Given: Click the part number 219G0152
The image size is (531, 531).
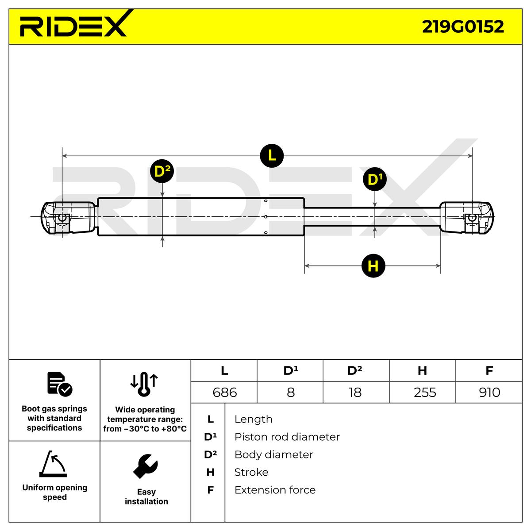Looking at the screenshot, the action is pos(462,27).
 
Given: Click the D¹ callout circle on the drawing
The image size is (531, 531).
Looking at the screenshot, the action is pos(374,180).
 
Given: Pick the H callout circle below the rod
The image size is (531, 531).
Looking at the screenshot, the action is pos(373,266).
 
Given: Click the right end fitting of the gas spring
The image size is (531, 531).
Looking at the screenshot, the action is pos(466,217).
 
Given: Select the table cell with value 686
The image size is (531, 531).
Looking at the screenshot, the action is pos(224,392).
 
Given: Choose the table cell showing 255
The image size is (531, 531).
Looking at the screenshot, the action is pos(425,392).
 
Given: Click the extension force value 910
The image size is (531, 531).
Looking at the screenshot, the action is pos(489,392).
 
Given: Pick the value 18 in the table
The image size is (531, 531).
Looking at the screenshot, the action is pos(355,392).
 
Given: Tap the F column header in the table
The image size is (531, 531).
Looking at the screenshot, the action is pos(489,370).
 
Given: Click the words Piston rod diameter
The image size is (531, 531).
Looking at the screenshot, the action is pos(287,437).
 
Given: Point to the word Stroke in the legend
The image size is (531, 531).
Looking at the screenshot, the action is pos(251,473).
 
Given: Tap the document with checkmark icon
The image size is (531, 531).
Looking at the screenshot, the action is pos(59,384).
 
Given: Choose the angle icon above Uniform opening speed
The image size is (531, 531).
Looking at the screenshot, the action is pos(53,464).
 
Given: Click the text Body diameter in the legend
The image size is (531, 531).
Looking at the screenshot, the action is pos(273,455).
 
